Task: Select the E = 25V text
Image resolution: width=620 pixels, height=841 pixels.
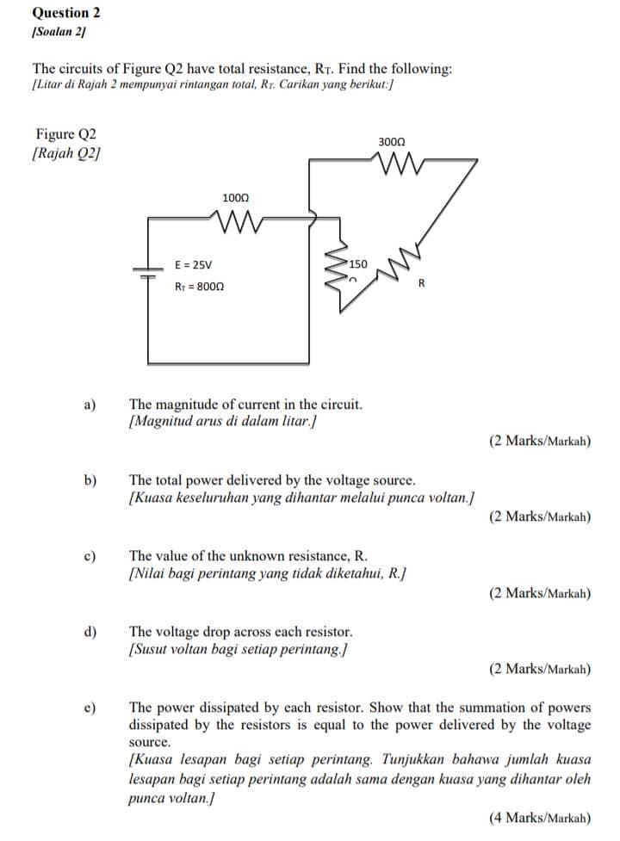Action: pos(193,266)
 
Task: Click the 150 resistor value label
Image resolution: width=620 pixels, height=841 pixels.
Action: pos(357,264)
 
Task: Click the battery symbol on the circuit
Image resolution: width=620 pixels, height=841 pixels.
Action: pos(147,271)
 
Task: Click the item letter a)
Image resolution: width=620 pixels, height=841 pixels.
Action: pos(90,404)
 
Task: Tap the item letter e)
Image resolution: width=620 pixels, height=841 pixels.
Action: pos(90,708)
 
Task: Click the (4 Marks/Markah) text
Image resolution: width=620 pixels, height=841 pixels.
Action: pos(539,817)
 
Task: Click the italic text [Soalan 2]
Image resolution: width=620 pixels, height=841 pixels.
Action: pos(58,31)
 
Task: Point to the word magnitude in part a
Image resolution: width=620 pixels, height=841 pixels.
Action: pos(188,403)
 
